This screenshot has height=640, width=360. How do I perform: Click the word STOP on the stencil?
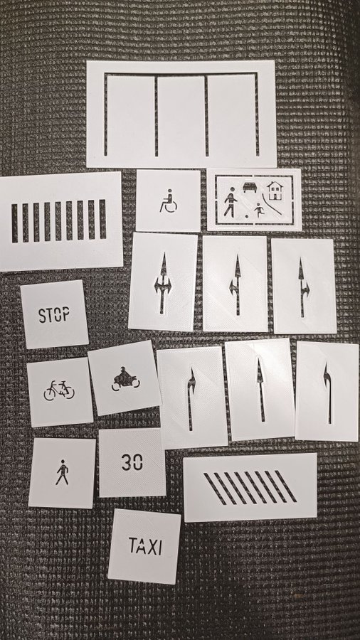click(54, 315)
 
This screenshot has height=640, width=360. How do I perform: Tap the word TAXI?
click(145, 546)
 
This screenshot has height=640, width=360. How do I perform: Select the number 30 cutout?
click(132, 462)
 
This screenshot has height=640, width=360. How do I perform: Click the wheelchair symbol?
click(168, 201)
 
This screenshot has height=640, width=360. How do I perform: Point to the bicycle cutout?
click(59, 390)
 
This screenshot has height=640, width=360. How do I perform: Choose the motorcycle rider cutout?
click(125, 380)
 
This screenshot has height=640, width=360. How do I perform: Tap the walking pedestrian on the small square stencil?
click(62, 472)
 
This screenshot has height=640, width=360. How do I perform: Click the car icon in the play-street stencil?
click(250, 187)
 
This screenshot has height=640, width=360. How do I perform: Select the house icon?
click(275, 191)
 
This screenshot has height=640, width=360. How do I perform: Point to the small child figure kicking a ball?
click(258, 210)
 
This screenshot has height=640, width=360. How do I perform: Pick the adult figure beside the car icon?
click(231, 202)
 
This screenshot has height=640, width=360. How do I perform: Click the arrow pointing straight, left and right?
click(163, 283)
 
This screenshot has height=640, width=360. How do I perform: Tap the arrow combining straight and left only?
click(237, 285)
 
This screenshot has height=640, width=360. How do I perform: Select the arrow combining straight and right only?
click(302, 287)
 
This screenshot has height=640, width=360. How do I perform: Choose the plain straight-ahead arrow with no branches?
click(260, 390)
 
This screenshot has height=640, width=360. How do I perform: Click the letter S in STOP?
click(42, 316)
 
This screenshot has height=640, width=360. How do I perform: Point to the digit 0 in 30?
click(138, 462)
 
